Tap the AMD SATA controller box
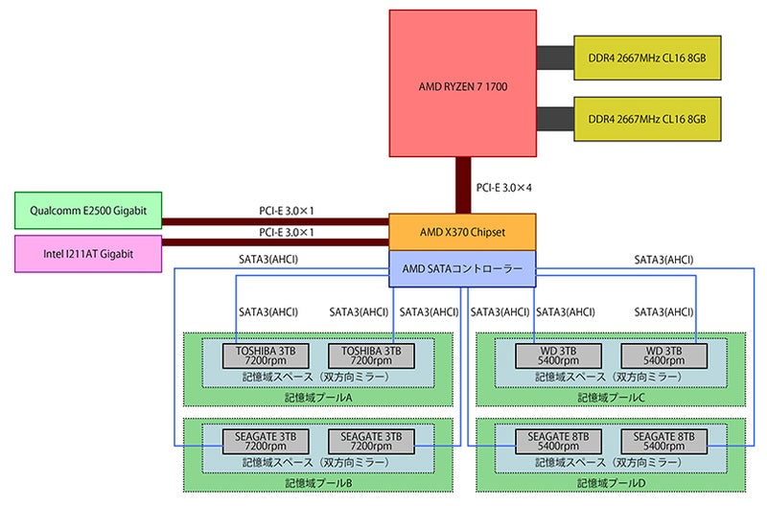pyautogui.click(x=462, y=269)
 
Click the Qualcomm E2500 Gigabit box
pyautogui.click(x=88, y=211)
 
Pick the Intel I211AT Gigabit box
pyautogui.click(x=88, y=253)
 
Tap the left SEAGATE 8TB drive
pyautogui.click(x=562, y=441)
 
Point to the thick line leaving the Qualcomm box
pyautogui.click(x=274, y=221)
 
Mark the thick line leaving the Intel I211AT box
pyautogui.click(x=274, y=244)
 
